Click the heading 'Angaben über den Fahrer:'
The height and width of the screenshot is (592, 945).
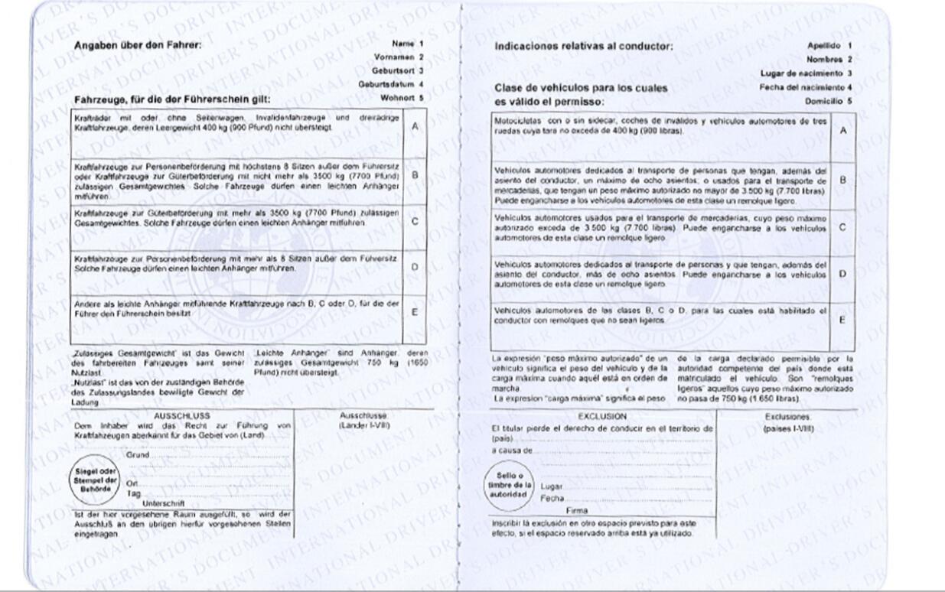(x=138, y=45)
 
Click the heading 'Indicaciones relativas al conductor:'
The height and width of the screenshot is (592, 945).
(x=584, y=47)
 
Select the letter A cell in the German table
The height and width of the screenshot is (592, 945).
(x=415, y=126)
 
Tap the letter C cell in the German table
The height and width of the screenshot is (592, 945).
(x=415, y=222)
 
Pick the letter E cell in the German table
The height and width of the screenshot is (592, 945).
(x=415, y=312)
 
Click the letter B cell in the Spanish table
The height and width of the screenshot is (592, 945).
(x=842, y=180)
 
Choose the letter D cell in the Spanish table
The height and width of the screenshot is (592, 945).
(x=842, y=274)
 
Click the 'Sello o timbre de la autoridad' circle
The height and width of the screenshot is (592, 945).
(x=510, y=485)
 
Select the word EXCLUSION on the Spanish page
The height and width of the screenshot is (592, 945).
(x=601, y=417)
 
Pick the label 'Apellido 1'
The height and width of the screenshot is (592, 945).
(x=829, y=46)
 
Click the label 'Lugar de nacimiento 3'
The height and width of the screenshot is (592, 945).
(x=806, y=73)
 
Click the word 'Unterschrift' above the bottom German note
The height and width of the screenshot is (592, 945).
(x=163, y=504)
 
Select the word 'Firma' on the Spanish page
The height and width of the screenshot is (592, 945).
(x=577, y=510)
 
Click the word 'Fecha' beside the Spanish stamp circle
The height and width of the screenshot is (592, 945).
(x=552, y=498)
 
